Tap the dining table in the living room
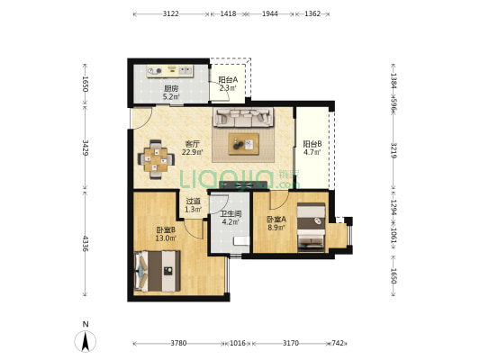coord(156,159)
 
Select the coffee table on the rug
coord(244,144)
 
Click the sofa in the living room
coord(243,117)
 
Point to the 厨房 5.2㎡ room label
coord(171,93)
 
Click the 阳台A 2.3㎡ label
coord(228,84)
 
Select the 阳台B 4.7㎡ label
coord(312,148)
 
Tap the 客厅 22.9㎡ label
coord(193,148)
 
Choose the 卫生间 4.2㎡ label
coord(231,218)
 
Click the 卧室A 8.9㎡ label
coord(276,223)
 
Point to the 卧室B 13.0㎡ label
coord(166,234)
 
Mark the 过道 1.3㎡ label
coord(193,205)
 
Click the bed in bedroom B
coord(157,271)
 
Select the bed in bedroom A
coord(312,228)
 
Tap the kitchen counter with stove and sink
coord(170,71)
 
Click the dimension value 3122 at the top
coord(171,13)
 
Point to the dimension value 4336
coord(86,244)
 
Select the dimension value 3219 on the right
coord(394,150)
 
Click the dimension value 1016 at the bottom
coord(238,343)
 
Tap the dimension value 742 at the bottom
coord(338,343)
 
